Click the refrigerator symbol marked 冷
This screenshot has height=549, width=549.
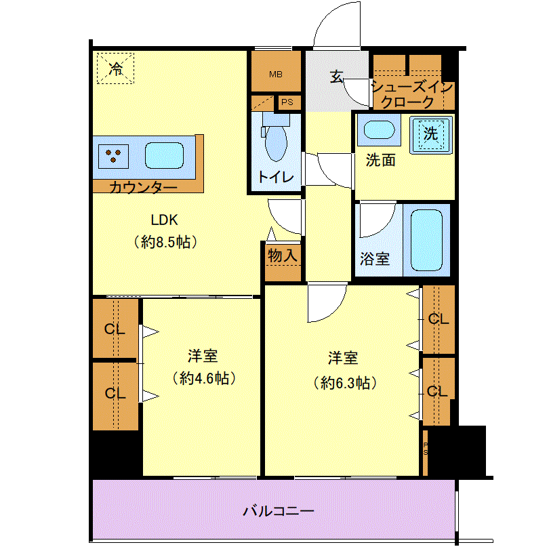click(115, 68)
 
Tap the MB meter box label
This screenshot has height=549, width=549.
click(276, 75)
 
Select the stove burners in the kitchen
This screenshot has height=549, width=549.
click(113, 157)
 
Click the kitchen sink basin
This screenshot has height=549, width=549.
click(164, 155)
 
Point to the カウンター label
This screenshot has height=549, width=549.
click(143, 188)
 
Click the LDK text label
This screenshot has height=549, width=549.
click(164, 220)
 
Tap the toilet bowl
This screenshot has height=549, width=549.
click(276, 143)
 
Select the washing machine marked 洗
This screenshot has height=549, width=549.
click(431, 135)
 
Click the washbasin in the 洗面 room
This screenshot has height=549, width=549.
click(379, 129)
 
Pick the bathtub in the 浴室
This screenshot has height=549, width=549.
click(426, 240)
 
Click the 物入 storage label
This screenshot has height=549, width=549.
click(282, 256)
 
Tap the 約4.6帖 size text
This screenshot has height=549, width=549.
click(204, 378)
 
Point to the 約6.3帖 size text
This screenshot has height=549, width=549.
click(345, 383)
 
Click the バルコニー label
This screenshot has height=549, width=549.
click(279, 512)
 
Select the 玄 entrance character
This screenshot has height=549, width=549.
click(337, 77)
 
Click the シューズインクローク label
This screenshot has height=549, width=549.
click(413, 94)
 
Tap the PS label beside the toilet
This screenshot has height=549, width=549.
click(287, 102)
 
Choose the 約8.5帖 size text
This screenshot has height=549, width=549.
click(165, 242)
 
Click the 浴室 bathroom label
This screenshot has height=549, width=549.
click(375, 259)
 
